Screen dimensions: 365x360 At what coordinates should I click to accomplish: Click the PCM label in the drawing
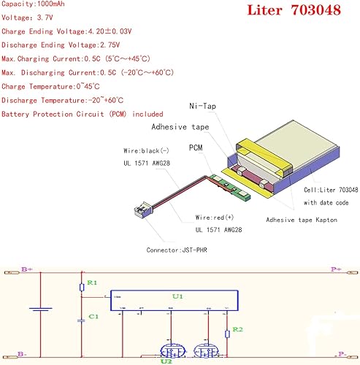[x=195, y=147]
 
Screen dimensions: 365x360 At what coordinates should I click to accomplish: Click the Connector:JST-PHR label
[x=171, y=250]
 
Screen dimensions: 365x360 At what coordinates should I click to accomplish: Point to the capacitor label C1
[x=92, y=316]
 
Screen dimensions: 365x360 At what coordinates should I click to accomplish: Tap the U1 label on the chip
[x=177, y=298]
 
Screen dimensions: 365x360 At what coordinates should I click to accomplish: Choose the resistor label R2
[x=238, y=329]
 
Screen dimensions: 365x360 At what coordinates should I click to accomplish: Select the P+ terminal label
[x=335, y=269]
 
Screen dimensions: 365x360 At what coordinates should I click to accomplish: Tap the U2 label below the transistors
[x=166, y=359]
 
